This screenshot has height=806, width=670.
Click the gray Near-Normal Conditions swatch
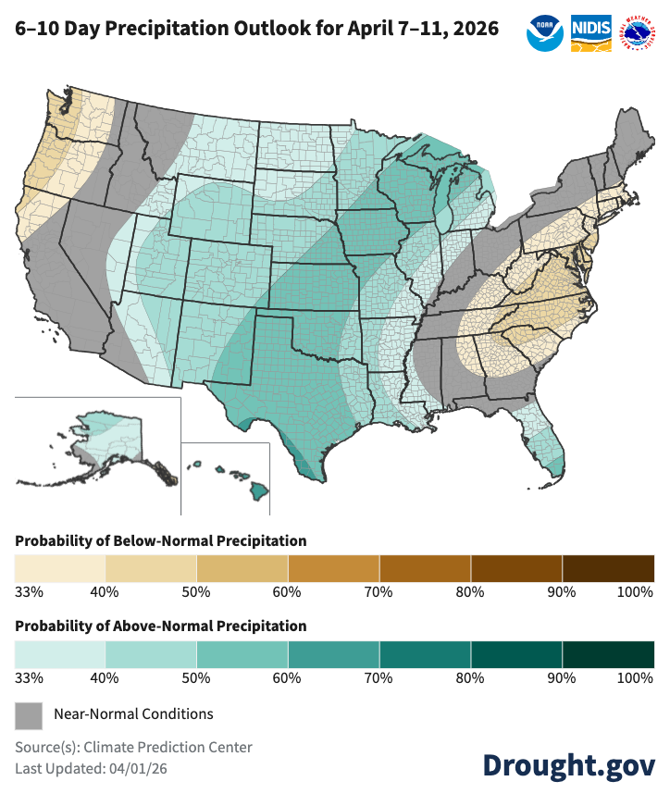29,714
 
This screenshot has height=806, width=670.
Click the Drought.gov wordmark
569,765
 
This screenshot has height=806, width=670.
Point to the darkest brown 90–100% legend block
608,566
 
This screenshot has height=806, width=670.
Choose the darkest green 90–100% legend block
608,653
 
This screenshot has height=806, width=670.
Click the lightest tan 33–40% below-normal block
60,566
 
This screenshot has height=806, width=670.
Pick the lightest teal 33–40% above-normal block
60,653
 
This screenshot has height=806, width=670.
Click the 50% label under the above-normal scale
196,678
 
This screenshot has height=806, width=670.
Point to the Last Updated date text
91,768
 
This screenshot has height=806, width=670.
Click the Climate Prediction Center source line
133,747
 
